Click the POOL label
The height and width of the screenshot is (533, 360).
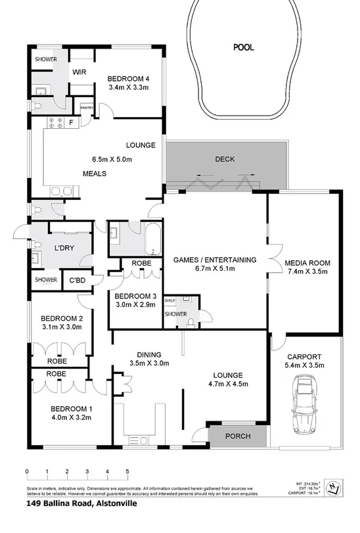click(x=243, y=47)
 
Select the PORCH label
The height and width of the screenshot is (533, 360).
click(x=238, y=436)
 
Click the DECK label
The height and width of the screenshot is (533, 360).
click(x=225, y=159)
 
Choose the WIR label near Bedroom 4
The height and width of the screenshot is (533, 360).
click(x=80, y=72)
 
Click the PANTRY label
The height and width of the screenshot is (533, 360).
click(x=86, y=107)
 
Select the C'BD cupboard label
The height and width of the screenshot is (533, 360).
click(x=79, y=281)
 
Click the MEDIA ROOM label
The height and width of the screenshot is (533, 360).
click(x=307, y=263)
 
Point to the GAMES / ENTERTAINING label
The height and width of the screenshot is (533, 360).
click(x=215, y=260)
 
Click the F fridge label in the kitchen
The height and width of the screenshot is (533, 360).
click(x=70, y=121)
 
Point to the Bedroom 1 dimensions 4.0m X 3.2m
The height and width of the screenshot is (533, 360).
click(x=72, y=415)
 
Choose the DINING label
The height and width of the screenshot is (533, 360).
click(x=148, y=353)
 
